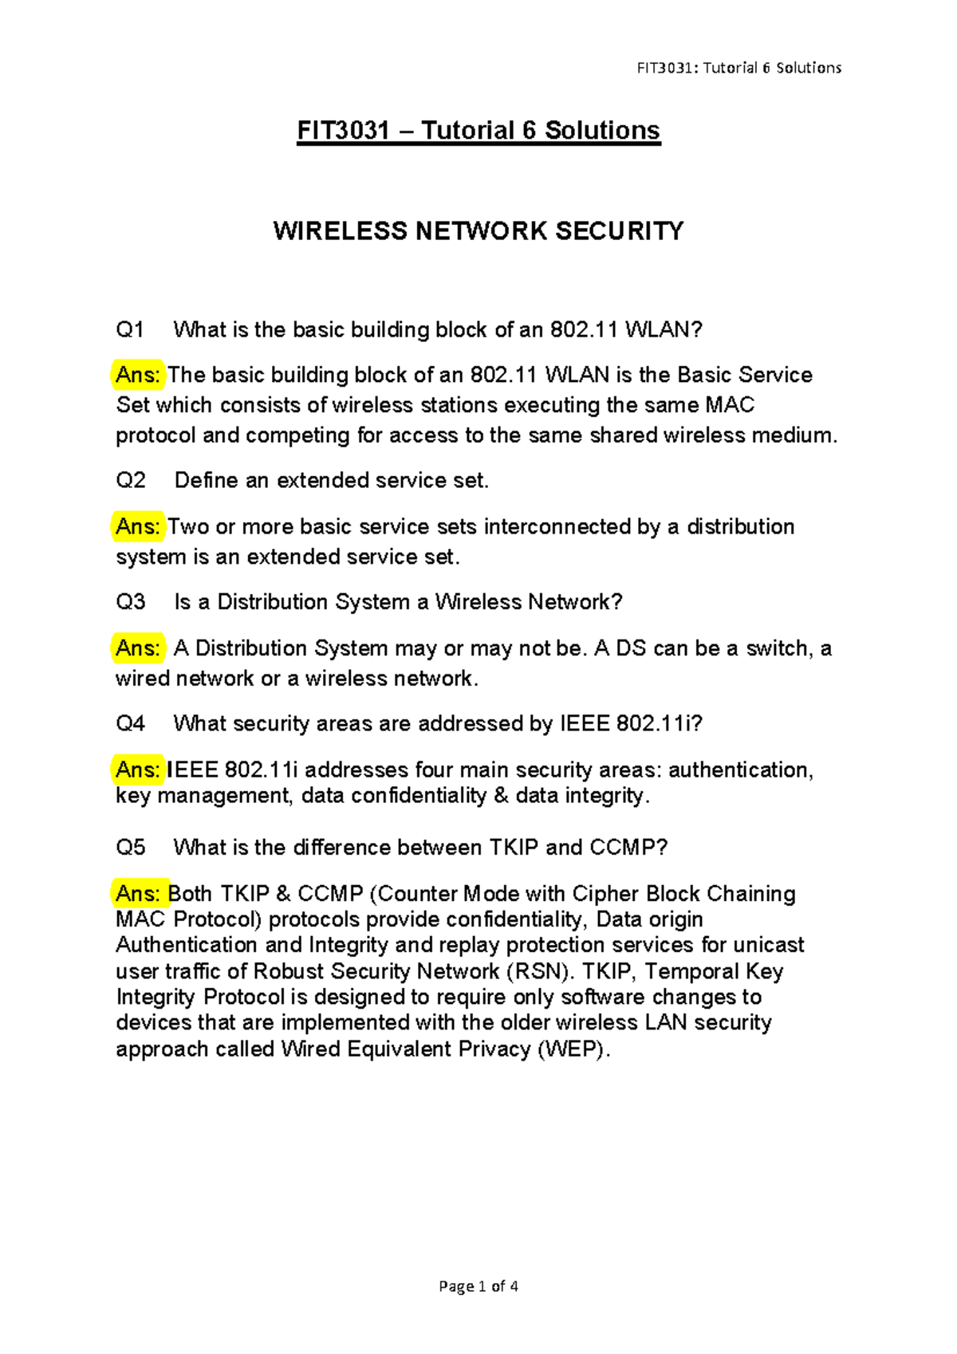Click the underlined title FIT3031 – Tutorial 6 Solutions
pos(478,131)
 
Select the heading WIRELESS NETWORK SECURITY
pos(478,231)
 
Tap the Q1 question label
pos(130,330)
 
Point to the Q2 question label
pos(131,481)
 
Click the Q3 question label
pos(131,602)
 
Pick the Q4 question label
pos(131,723)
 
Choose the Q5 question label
pos(131,848)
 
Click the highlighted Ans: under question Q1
pos(137,376)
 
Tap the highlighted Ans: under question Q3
pos(137,648)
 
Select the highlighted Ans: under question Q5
pos(139,894)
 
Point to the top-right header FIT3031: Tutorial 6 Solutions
pos(738,68)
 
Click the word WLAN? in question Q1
pos(664,330)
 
